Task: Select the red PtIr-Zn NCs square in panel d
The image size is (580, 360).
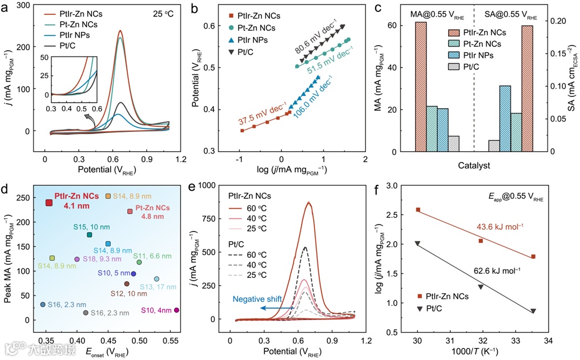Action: point(49,203)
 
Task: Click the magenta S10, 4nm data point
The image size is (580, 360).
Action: point(176,310)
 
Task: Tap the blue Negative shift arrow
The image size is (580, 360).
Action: point(276,308)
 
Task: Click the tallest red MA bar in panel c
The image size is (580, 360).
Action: point(421,87)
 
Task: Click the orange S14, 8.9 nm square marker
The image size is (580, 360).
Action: point(108,196)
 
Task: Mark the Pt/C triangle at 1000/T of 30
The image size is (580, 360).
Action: point(418,244)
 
